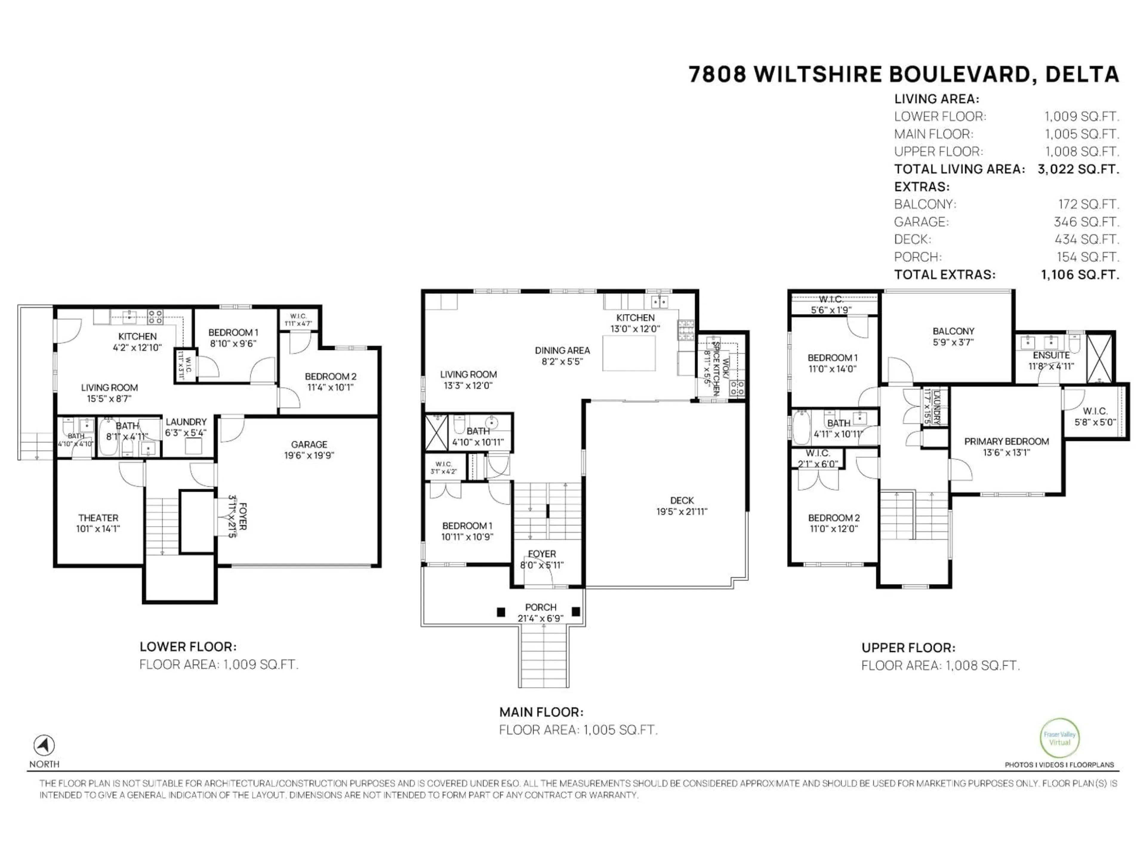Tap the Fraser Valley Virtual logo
click(1059, 738)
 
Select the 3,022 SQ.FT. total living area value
click(1078, 169)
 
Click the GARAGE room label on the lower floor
click(309, 444)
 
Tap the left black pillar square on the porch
click(500, 612)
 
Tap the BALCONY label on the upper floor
click(953, 331)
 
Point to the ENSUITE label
click(1051, 355)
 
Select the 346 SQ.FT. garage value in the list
click(1086, 222)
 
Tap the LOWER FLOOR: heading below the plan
click(187, 647)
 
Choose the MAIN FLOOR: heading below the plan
click(541, 712)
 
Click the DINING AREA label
click(562, 350)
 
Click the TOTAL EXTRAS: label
click(945, 275)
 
